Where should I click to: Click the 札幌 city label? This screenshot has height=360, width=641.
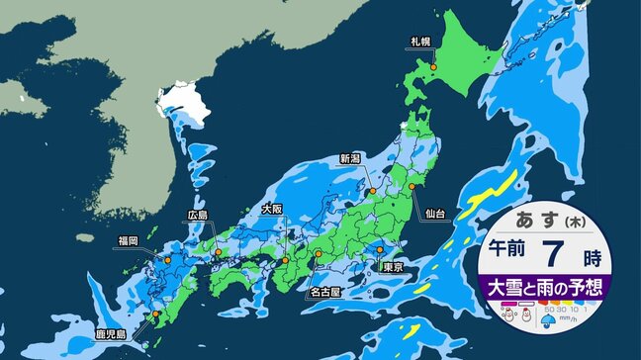coord(420,42)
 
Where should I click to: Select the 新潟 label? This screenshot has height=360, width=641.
coord(351,158)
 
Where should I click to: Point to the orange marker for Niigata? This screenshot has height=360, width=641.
coord(373,191)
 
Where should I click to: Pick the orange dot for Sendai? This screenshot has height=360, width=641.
coord(412,185)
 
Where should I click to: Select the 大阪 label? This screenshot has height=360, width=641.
coord(274,209)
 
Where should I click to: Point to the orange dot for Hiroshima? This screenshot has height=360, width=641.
coord(219,253)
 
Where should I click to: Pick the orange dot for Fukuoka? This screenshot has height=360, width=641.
coord(167,260)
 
